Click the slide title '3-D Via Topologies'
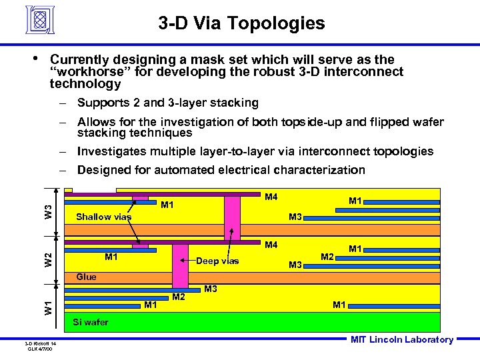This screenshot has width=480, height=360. pyautogui.click(x=242, y=25)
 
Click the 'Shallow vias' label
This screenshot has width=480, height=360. pyautogui.click(x=103, y=217)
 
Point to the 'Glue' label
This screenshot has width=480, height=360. pyautogui.click(x=86, y=277)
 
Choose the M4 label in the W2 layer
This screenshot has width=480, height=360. pyautogui.click(x=271, y=245)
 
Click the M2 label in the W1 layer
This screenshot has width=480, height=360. pyautogui.click(x=179, y=296)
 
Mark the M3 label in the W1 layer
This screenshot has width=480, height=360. pyautogui.click(x=211, y=289)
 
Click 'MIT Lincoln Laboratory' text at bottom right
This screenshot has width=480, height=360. pyautogui.click(x=401, y=340)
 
